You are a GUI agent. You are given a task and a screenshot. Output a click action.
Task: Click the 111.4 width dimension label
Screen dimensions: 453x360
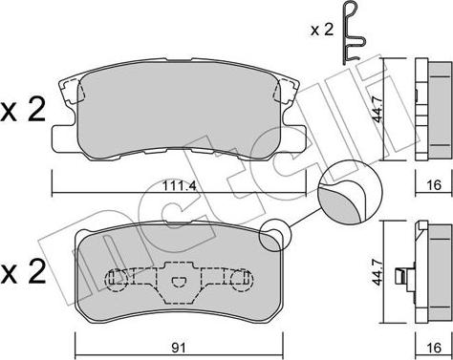pos(179,185)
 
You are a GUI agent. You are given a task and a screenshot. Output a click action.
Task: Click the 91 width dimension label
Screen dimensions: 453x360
pos(180,348)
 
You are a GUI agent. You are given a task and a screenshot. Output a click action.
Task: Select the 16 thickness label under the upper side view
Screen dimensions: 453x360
pos(434,184)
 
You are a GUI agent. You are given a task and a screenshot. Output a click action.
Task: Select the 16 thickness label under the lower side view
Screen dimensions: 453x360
pos(434,348)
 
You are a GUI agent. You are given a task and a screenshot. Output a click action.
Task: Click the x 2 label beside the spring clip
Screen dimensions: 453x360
pos(322,30)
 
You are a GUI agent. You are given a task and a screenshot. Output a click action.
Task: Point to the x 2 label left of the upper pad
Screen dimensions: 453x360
pos(23,111)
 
